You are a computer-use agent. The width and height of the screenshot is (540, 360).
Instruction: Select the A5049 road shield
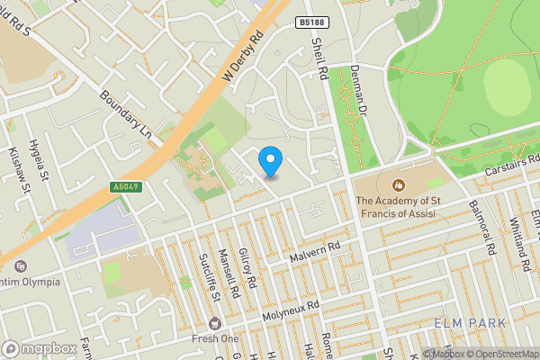[x=126, y=187]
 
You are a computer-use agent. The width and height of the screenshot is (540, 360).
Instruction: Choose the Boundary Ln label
[x=125, y=115]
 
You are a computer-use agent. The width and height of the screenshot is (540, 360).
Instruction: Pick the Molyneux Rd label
[x=291, y=311]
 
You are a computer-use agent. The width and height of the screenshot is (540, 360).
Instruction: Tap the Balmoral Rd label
[x=483, y=229]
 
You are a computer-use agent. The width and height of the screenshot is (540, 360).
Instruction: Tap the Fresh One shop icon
[x=215, y=322]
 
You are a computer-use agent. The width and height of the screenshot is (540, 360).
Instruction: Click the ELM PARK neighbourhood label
[x=470, y=322]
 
